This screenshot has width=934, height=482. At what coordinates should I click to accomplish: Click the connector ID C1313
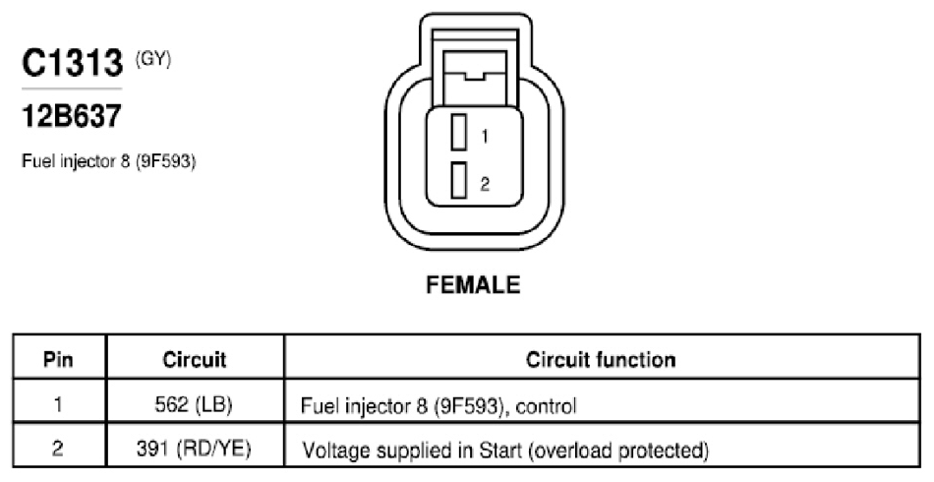(x=72, y=63)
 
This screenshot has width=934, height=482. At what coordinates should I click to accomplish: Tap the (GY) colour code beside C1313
(x=153, y=59)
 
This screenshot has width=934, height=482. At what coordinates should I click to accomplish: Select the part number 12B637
(x=72, y=116)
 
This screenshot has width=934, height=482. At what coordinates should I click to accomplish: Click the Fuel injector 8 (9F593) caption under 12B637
(x=109, y=161)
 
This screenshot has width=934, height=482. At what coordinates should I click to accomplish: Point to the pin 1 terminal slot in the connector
(x=459, y=132)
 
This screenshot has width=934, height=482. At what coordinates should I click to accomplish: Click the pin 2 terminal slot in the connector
(x=459, y=181)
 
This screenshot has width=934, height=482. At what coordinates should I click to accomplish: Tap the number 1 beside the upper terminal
(x=485, y=137)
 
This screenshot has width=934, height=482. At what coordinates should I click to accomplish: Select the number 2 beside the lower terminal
(x=485, y=184)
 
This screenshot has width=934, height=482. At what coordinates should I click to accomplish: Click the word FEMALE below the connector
(x=474, y=285)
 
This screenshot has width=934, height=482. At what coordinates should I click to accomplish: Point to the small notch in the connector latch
(x=475, y=76)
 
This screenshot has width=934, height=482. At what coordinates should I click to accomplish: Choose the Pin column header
(x=58, y=359)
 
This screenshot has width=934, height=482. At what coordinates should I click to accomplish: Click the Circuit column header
(x=195, y=359)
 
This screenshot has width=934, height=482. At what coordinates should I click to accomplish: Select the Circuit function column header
(x=601, y=359)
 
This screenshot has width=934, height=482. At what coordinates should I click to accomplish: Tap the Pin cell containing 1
(x=58, y=404)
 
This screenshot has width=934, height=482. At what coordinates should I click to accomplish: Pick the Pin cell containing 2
(x=58, y=448)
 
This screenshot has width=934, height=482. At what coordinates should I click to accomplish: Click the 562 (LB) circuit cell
(x=194, y=405)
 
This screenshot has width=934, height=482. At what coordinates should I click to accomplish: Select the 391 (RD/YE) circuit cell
(x=194, y=449)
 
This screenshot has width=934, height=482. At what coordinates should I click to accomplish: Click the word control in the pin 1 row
(x=547, y=407)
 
